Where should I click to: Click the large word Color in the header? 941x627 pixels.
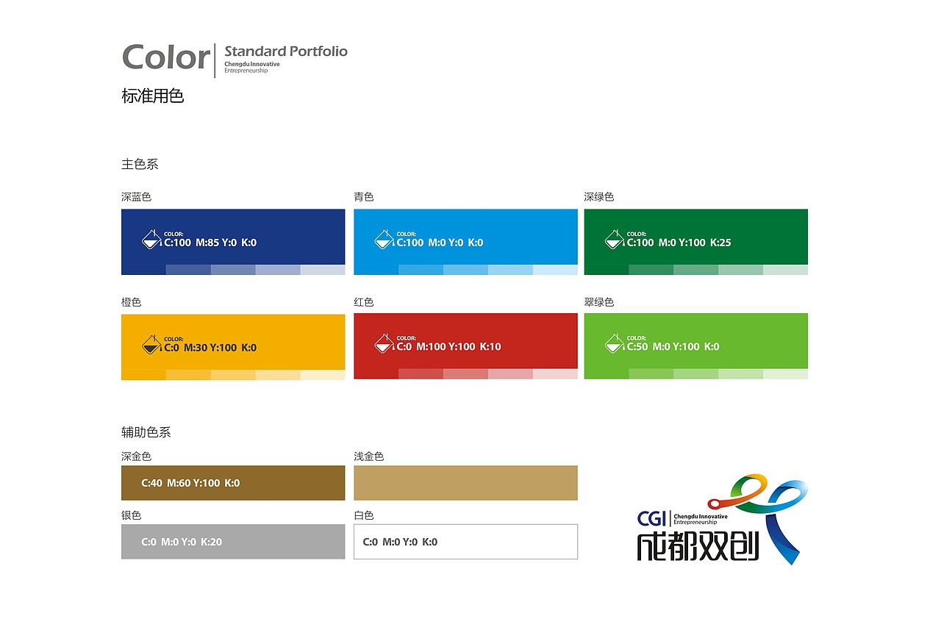coord(166,57)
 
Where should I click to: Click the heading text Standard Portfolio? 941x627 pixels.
coord(286,51)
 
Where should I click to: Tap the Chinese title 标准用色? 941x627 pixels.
coord(152,96)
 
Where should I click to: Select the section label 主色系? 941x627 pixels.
coord(140,164)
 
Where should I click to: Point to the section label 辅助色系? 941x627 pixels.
coord(146,432)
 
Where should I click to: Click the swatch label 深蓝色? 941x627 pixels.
coord(136,196)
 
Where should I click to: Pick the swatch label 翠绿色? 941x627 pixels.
coord(599,302)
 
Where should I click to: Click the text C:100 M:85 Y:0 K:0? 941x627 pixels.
coord(210,243)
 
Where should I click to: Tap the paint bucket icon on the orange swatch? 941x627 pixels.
coord(151,345)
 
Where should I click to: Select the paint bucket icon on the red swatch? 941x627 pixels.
coord(384,343)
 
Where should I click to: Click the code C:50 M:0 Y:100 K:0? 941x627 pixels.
coord(673,346)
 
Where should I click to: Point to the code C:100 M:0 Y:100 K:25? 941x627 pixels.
coord(679,243)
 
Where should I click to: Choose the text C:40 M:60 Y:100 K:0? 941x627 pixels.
coord(190,483)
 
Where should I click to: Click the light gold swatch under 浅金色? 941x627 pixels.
coord(465,482)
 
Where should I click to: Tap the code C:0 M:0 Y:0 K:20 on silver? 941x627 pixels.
coord(182,542)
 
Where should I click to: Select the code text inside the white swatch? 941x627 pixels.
coord(400,542)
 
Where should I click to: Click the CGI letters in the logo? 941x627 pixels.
coord(651,519)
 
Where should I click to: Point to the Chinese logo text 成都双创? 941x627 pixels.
coord(698,546)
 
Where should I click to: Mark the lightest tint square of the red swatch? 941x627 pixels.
coord(555,373)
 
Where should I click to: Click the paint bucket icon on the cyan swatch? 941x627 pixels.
coord(384,240)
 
